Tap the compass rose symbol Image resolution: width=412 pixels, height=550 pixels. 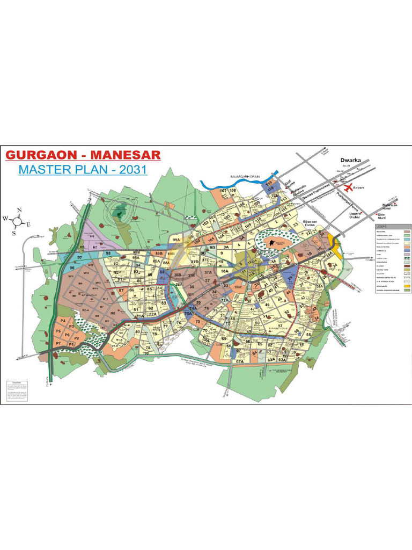point(18,220)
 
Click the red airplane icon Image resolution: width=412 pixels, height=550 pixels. point(349,188)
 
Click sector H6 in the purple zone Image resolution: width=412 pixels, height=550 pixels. point(92,236)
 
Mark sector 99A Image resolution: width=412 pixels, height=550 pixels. point(176,240)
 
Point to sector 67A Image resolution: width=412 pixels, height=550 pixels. point(240,362)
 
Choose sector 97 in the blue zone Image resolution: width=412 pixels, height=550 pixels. point(80,258)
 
